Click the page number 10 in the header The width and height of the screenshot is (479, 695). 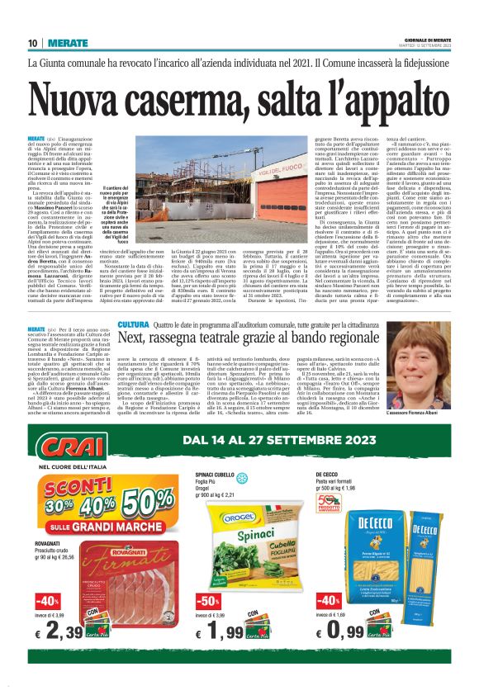coord(32,44)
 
